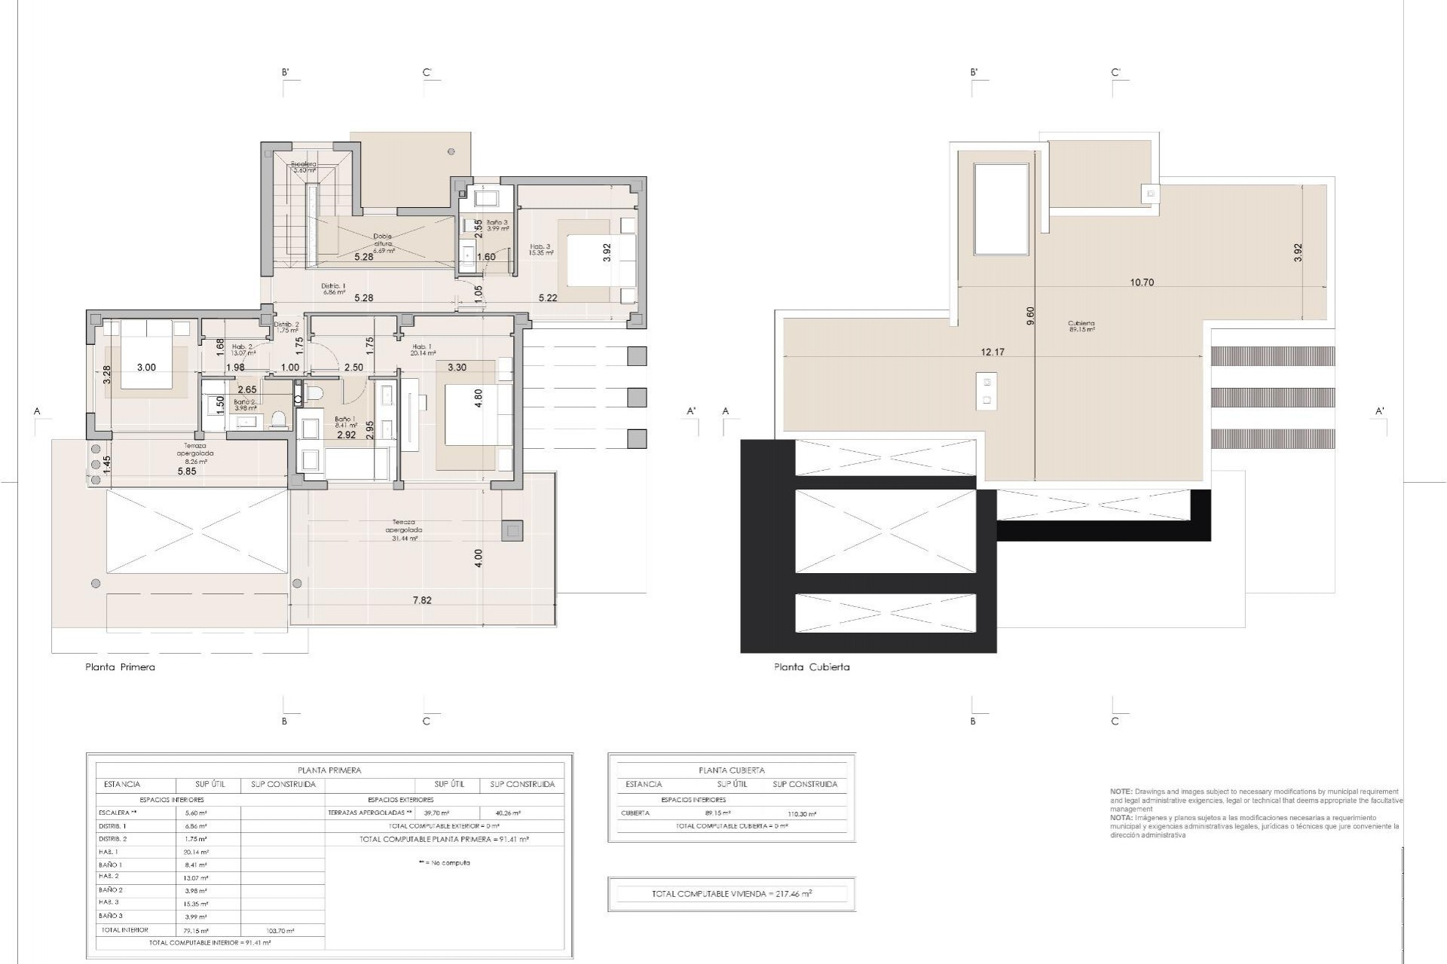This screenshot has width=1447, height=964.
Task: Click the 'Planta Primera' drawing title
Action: [x=120, y=667]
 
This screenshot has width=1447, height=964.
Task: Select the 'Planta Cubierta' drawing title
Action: [x=812, y=667]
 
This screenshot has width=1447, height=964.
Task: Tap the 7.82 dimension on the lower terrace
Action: [x=422, y=600]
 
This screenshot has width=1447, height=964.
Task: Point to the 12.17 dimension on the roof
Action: [x=993, y=352]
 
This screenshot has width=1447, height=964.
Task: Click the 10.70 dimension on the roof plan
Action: [x=1142, y=282]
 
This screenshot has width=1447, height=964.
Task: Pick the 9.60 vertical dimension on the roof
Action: [x=1031, y=316]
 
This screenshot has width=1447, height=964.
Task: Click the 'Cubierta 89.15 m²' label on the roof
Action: [x=1081, y=326]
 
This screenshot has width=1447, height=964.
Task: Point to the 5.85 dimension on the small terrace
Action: [x=187, y=471]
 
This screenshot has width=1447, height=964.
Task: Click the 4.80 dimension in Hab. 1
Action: [x=478, y=398]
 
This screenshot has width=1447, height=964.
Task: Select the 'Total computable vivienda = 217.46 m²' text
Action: [x=731, y=894]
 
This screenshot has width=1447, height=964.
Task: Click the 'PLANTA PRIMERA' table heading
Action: [x=329, y=770]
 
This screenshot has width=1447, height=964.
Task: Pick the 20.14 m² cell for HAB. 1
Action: [x=196, y=853]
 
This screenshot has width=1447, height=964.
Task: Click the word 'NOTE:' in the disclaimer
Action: [x=1121, y=792]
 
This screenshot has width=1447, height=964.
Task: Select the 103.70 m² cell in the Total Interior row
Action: [x=280, y=931]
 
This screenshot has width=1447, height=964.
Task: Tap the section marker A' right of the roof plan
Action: [x=1379, y=411]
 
